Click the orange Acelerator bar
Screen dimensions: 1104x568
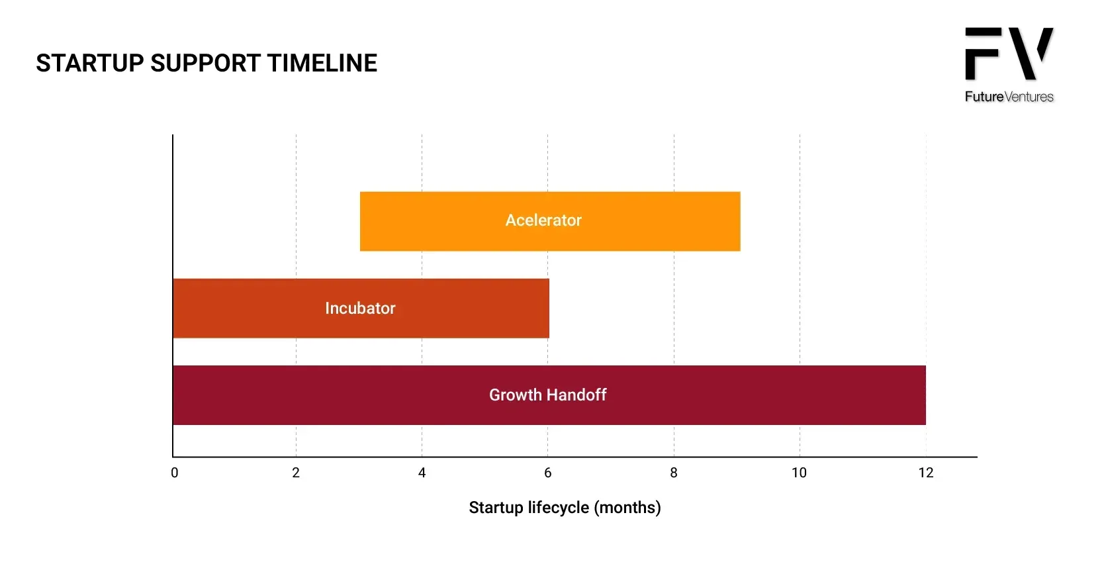[x=550, y=221]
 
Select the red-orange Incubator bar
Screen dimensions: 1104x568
[x=361, y=308]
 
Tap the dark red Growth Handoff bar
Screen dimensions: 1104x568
[x=549, y=395]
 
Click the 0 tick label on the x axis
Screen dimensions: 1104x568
[x=175, y=473]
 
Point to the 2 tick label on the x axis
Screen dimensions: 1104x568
[x=296, y=473]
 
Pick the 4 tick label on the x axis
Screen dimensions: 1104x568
[x=422, y=473]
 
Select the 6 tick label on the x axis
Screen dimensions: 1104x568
[x=547, y=473]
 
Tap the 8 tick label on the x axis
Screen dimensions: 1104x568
[x=674, y=473]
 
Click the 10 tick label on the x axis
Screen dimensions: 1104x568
[x=799, y=473]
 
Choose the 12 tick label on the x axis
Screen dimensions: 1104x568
[x=925, y=473]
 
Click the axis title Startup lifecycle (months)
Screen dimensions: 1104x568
[x=565, y=507]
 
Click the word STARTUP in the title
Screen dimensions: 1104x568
[x=89, y=63]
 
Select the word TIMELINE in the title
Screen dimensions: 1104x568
[x=322, y=63]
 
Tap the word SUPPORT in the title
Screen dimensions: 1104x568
[x=205, y=63]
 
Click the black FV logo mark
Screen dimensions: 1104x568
[x=1009, y=53]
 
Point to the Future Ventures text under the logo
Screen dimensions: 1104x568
[x=1009, y=97]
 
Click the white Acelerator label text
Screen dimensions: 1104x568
[x=543, y=220]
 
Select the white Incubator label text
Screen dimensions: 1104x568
[x=360, y=308]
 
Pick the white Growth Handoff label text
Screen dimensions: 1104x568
[x=547, y=395]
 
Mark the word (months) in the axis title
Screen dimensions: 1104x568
[x=627, y=507]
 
